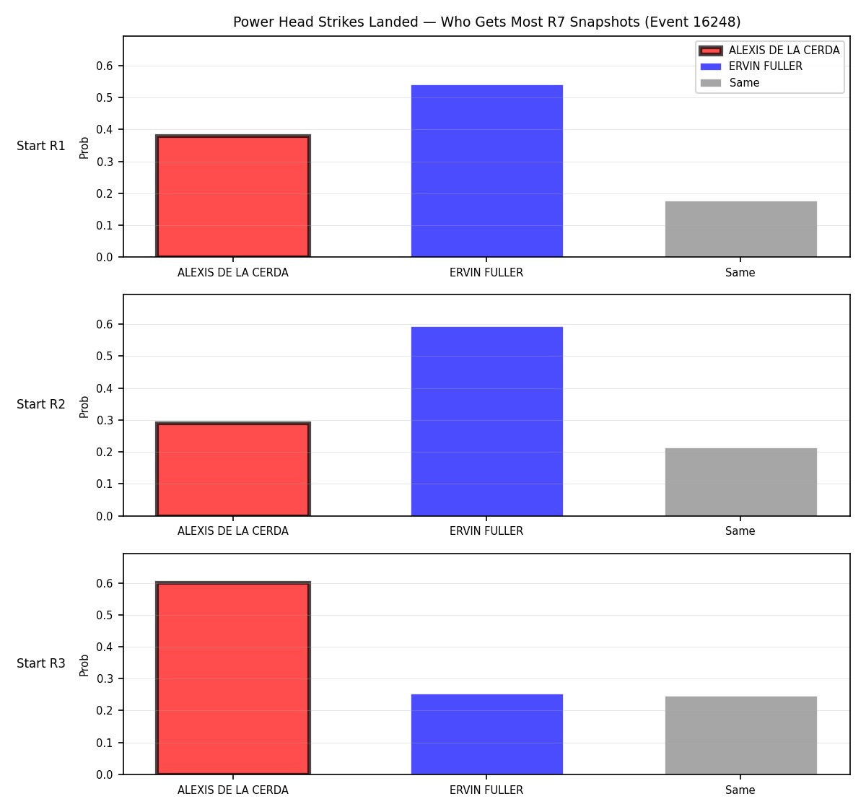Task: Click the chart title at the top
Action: tap(486, 22)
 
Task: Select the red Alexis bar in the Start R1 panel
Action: tap(233, 196)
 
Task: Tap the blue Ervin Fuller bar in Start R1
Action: tap(486, 171)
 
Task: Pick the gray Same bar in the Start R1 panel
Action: tap(741, 229)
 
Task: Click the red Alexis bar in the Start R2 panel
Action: tap(233, 469)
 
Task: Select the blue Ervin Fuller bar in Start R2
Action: tap(486, 422)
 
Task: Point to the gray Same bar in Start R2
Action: tap(741, 482)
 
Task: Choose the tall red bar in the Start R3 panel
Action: tap(233, 678)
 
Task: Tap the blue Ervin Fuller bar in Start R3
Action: tap(486, 734)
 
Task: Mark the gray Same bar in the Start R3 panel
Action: tap(741, 735)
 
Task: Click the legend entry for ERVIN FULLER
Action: tap(751, 66)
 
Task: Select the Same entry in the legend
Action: tap(730, 83)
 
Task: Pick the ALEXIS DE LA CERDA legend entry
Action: tap(769, 51)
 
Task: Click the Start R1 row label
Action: tap(41, 146)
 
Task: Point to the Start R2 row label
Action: tap(41, 404)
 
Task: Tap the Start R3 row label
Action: tap(41, 663)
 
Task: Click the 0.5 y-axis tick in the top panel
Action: tap(104, 97)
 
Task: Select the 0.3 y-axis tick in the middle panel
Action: tap(104, 420)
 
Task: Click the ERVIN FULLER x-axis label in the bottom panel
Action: tap(486, 790)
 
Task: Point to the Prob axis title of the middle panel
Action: tap(84, 407)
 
